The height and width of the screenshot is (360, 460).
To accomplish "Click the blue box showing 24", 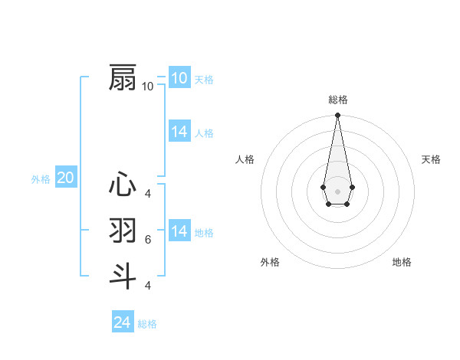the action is [123, 322].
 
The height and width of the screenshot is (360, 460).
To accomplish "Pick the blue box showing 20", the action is [66, 178].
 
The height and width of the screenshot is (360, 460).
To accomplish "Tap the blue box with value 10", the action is [179, 78].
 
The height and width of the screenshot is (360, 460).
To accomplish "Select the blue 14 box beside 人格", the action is [179, 132].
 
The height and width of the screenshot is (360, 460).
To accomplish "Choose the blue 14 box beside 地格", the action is [179, 231].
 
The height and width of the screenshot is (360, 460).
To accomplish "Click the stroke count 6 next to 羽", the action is [148, 240].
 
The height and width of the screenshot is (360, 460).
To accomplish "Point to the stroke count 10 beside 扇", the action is [148, 87].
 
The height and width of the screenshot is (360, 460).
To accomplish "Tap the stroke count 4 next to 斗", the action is [148, 286].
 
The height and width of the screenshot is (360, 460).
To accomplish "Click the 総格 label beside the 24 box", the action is [147, 324].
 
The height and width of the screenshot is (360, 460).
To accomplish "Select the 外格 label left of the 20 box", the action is [41, 179].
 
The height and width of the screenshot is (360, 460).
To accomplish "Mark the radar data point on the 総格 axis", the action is [337, 116].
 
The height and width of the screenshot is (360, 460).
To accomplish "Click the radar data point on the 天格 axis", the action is [352, 187].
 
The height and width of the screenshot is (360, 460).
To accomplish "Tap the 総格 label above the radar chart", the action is [337, 100].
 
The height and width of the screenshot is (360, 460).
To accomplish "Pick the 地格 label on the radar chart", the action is [402, 262].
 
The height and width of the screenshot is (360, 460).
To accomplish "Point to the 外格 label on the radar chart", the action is [270, 262].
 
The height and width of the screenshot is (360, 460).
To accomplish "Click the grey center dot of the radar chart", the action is [337, 190].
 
